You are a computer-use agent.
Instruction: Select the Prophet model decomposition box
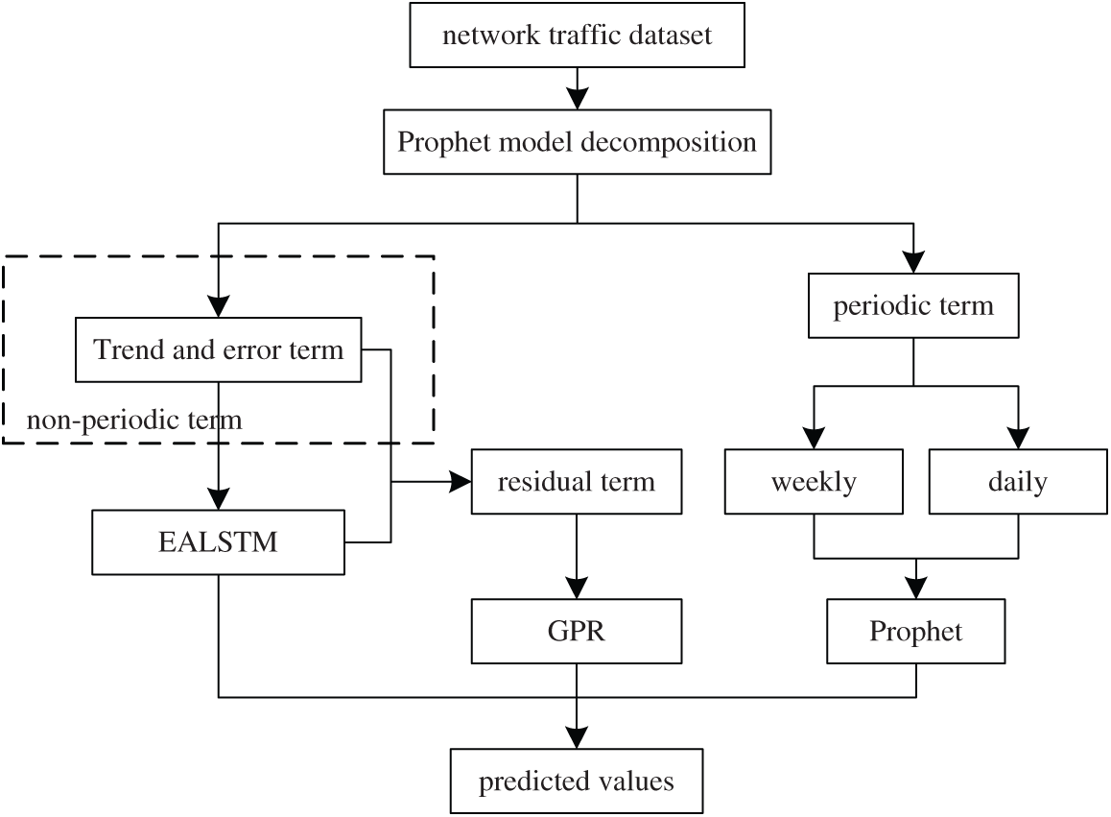coord(577,144)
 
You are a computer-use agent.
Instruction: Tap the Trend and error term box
coord(219,349)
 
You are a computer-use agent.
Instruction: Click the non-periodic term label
coord(134,420)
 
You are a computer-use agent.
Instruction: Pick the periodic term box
coord(912,307)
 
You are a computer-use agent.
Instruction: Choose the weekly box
coord(814,481)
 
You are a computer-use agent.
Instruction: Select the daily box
coord(1017,481)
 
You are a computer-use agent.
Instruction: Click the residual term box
coord(576,481)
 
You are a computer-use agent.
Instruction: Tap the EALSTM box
coord(219,542)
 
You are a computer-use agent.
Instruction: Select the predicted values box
coord(576,781)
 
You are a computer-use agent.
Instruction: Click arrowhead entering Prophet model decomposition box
coord(577,99)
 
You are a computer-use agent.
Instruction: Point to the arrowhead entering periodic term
coord(912,264)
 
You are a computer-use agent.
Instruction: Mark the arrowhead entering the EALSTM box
coord(219,499)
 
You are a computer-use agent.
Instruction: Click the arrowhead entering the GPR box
coord(576,589)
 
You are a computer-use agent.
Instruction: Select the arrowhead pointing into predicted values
coord(576,737)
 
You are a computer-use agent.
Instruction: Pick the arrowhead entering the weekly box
coord(814,438)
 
